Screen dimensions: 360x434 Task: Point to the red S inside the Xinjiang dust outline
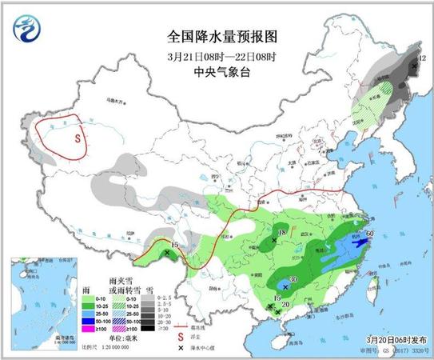78,137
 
